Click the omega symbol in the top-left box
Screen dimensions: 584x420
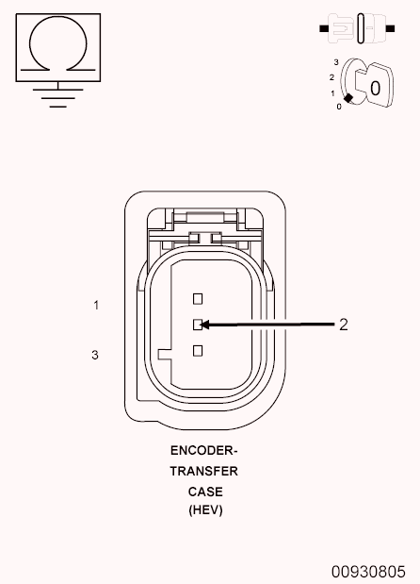(58, 44)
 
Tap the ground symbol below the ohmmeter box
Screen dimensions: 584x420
(58, 95)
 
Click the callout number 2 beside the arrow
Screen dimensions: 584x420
(344, 325)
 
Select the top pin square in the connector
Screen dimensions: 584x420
(198, 298)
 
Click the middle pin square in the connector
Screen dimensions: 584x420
(198, 325)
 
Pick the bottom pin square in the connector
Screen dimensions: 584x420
(198, 351)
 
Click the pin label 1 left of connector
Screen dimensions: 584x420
(96, 306)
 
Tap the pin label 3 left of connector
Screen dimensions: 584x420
(95, 356)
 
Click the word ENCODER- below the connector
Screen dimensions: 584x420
(204, 450)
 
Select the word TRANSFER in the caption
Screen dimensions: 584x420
(204, 471)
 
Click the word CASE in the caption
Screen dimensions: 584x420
(204, 492)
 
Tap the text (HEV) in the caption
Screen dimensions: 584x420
(204, 510)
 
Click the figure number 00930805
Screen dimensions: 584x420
(368, 572)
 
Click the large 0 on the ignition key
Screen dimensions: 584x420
(375, 88)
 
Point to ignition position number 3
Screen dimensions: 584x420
(335, 62)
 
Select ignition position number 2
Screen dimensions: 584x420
(331, 76)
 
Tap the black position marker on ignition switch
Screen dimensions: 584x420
(349, 97)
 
